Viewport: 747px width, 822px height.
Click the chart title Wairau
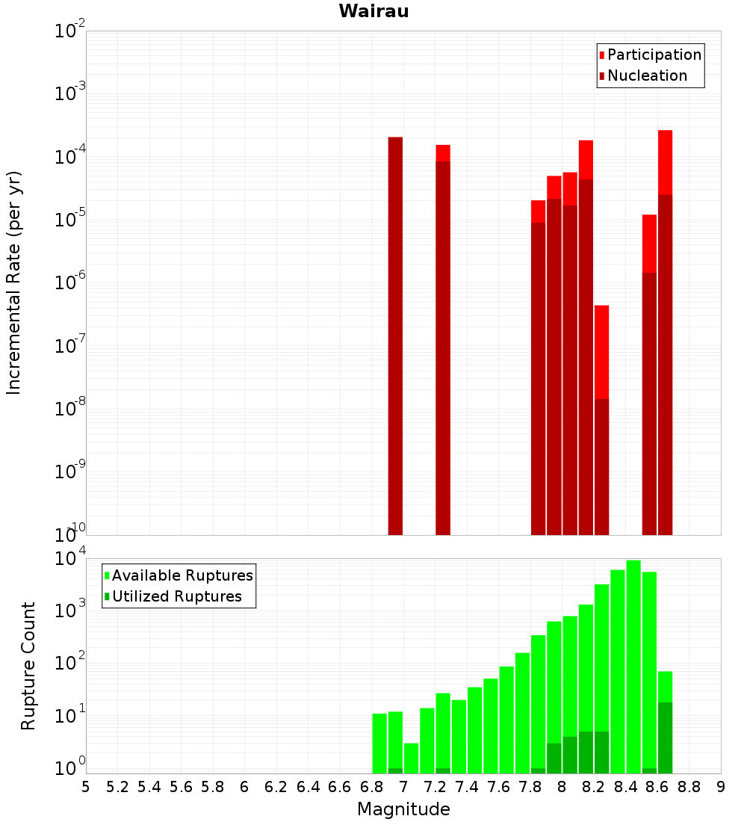pyautogui.click(x=373, y=11)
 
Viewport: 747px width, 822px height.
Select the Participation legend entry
pyautogui.click(x=654, y=55)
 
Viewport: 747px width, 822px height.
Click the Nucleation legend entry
pyautogui.click(x=647, y=75)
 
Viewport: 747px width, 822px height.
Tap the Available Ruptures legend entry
pyautogui.click(x=182, y=575)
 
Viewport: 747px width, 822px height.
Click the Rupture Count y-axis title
pyautogui.click(x=28, y=666)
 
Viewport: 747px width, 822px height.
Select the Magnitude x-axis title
pyautogui.click(x=403, y=809)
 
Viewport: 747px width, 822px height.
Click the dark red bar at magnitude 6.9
pyautogui.click(x=395, y=336)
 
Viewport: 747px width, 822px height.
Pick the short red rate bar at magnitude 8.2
pyautogui.click(x=601, y=351)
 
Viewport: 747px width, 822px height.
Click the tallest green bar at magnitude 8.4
pyautogui.click(x=633, y=665)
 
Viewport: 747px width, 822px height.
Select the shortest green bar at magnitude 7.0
pyautogui.click(x=411, y=758)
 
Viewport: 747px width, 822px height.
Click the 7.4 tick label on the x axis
pyautogui.click(x=467, y=786)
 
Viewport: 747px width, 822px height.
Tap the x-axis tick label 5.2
pyautogui.click(x=118, y=786)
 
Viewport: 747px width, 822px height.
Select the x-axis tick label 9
pyautogui.click(x=721, y=786)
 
